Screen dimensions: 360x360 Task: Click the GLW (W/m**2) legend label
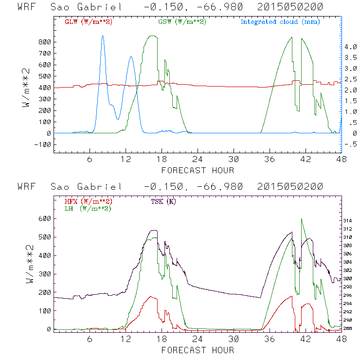[89, 22]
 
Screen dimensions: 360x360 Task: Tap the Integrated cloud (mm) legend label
[280, 22]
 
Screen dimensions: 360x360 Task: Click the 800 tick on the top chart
[45, 42]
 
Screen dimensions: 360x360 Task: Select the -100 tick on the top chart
[43, 144]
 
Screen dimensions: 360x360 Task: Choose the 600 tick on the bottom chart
[45, 218]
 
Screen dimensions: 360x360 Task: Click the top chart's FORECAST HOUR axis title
[198, 170]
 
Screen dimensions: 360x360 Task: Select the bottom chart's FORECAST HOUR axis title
[198, 350]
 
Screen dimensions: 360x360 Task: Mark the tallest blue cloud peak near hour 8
[103, 36]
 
